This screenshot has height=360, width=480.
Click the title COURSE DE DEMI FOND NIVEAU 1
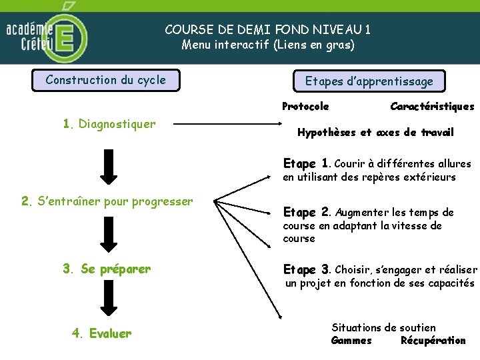(268, 29)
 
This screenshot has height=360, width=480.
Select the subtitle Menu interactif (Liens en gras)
(268, 45)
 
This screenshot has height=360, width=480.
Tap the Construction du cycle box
(106, 81)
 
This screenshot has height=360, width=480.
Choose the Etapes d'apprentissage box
(369, 81)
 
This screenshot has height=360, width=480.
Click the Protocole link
(305, 107)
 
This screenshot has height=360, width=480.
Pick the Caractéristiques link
(432, 107)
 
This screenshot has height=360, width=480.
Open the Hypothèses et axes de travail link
(375, 133)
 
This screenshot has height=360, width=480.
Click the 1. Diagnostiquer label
(109, 124)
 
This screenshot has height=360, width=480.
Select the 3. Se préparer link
(107, 269)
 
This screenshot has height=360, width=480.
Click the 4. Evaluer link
(101, 333)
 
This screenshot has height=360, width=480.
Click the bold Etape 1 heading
(307, 163)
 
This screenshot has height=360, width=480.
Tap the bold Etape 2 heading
(307, 213)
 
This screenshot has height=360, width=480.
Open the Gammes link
(351, 341)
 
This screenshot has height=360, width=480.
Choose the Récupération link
(433, 341)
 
